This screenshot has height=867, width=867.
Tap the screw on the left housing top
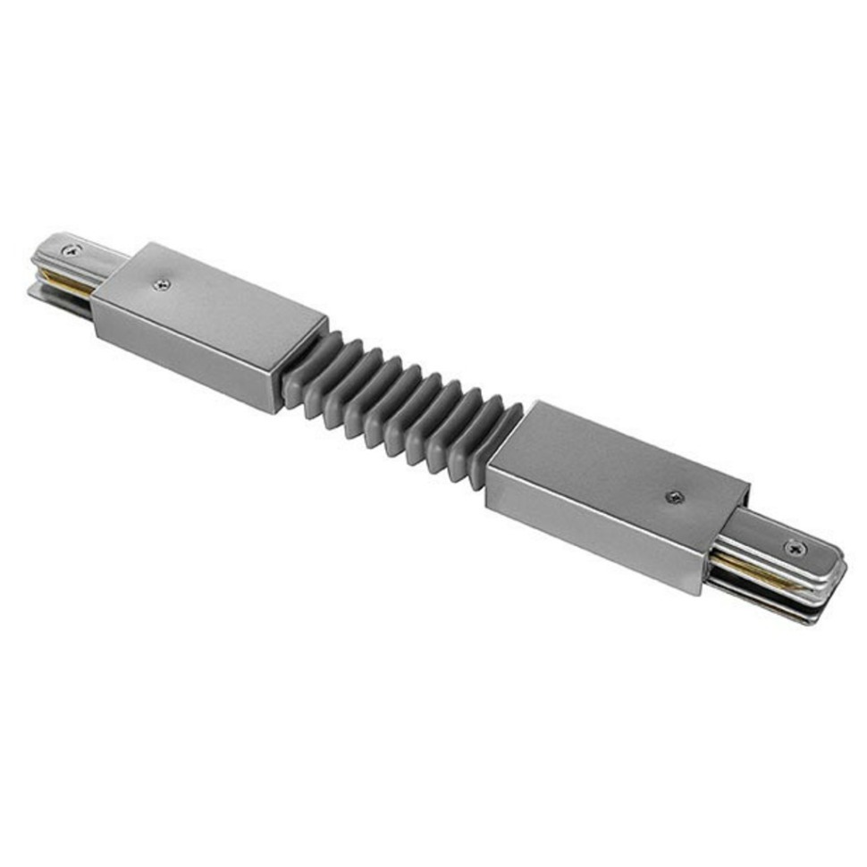[161, 284]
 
